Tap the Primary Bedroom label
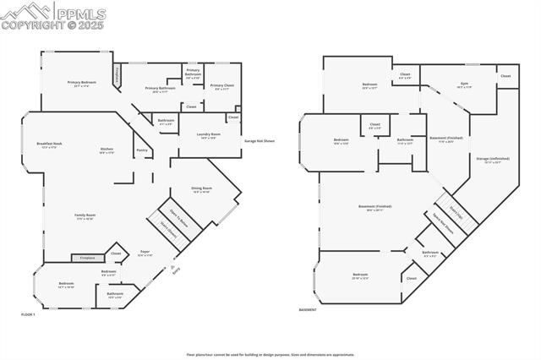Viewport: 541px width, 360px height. pos(82,82)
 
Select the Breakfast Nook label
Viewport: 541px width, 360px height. pos(49,144)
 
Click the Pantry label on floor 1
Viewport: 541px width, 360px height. pos(142,150)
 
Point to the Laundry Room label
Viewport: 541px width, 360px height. pos(208,134)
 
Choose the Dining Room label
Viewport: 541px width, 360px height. pos(202,188)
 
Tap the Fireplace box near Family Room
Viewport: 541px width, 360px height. pos(87,257)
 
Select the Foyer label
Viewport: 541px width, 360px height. pos(145,252)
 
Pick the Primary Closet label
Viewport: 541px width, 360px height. pos(221,85)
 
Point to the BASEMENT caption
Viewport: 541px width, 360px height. pos(309,309)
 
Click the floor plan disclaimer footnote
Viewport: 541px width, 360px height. pos(270,355)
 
